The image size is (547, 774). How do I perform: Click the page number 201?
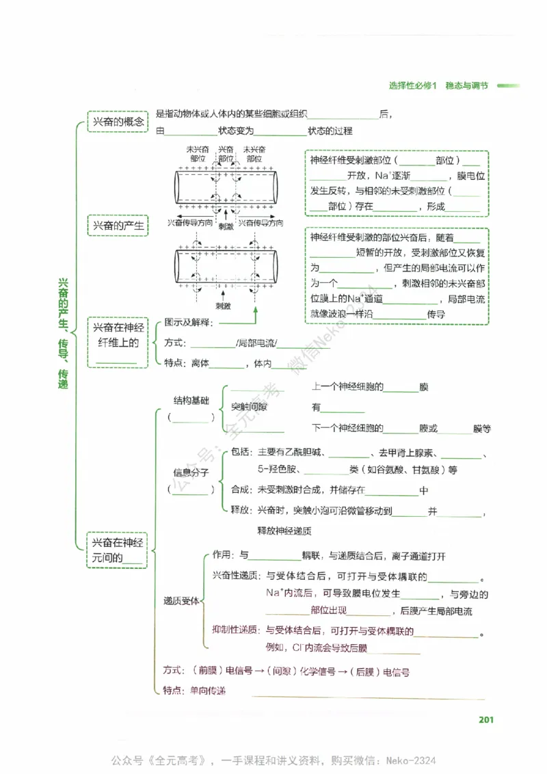(486, 719)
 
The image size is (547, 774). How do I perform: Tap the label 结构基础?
(191, 401)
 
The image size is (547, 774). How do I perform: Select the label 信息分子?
(191, 472)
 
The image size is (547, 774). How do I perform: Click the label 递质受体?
(181, 600)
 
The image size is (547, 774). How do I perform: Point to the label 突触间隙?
(249, 407)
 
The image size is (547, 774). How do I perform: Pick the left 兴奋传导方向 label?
(190, 223)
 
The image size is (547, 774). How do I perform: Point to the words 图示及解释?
(189, 322)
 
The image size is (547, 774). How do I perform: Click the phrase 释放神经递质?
(284, 530)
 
